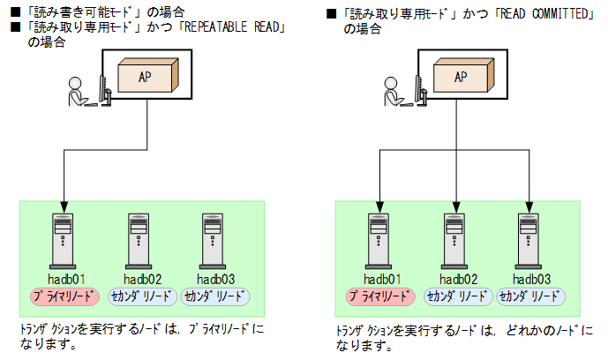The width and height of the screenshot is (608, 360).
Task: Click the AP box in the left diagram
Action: (x=147, y=76)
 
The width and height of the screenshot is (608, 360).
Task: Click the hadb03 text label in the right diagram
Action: (x=531, y=280)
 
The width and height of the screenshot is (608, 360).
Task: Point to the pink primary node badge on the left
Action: (x=66, y=296)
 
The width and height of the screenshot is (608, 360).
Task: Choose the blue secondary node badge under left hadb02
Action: (x=142, y=296)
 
